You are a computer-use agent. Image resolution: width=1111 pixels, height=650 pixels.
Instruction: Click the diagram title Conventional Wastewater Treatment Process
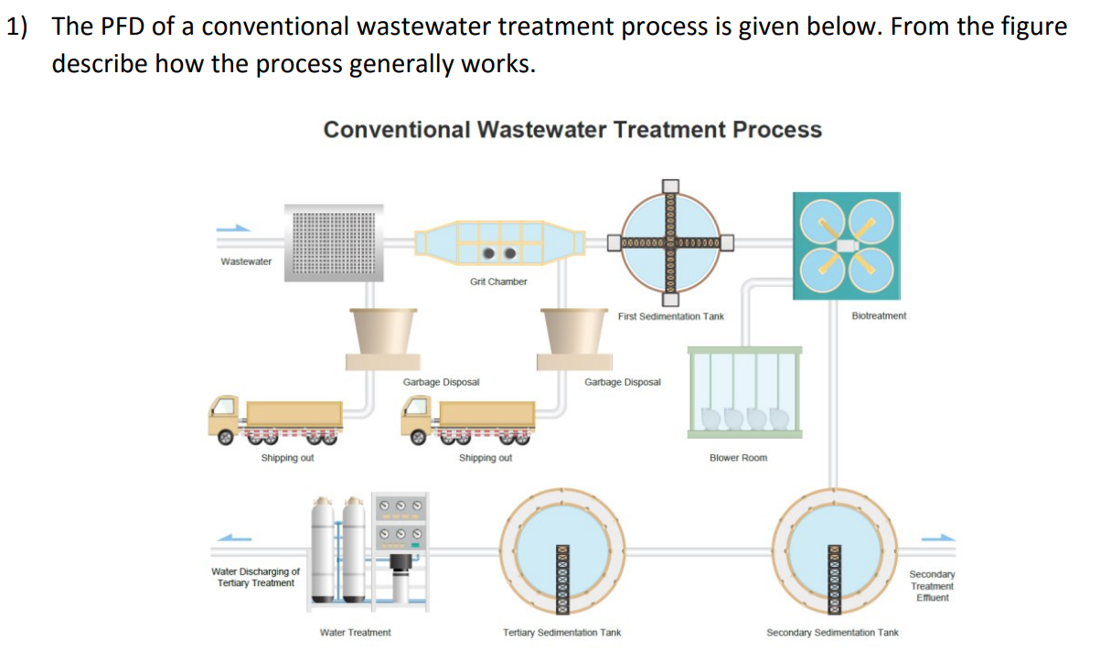[572, 130]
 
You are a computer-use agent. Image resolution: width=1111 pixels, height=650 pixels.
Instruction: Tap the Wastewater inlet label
[246, 261]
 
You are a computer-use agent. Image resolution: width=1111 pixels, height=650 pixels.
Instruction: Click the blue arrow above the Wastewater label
[233, 229]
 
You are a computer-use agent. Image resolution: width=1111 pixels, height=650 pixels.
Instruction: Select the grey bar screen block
[334, 243]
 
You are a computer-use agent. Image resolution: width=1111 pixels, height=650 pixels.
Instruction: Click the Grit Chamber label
[498, 282]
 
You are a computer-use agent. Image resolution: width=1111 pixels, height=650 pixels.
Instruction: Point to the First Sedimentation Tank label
[670, 316]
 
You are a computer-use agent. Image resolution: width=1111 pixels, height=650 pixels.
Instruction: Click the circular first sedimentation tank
[672, 243]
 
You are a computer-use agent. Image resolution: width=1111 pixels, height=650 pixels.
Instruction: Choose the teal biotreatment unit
[847, 245]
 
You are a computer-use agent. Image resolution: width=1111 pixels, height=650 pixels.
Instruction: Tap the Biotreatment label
[878, 315]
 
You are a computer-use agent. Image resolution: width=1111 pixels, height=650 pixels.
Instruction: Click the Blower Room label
[738, 457]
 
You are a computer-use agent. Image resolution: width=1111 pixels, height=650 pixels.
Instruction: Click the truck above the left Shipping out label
[275, 421]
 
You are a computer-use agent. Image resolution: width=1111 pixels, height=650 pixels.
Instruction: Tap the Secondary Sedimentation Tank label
[832, 632]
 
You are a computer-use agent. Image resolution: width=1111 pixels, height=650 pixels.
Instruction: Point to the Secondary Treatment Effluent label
[932, 586]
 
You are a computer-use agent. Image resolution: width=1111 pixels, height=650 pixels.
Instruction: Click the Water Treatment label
[355, 632]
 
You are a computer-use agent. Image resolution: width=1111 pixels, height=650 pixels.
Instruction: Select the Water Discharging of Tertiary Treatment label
[255, 577]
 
